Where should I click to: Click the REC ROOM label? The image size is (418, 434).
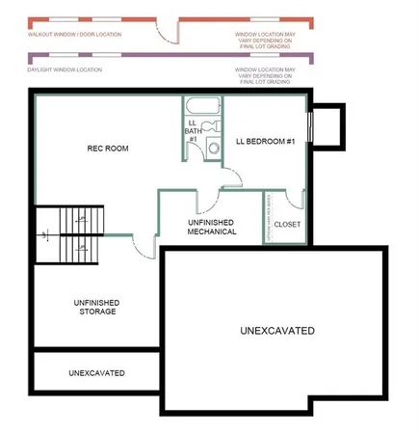coord(108,149)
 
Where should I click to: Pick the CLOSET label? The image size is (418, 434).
coord(286,224)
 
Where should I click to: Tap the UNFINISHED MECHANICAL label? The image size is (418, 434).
coord(212,227)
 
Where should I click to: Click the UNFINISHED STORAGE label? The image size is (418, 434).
coord(95,307)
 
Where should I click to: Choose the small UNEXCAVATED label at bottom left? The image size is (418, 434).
coord(96,372)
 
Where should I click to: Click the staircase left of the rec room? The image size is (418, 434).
coord(69,234)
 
